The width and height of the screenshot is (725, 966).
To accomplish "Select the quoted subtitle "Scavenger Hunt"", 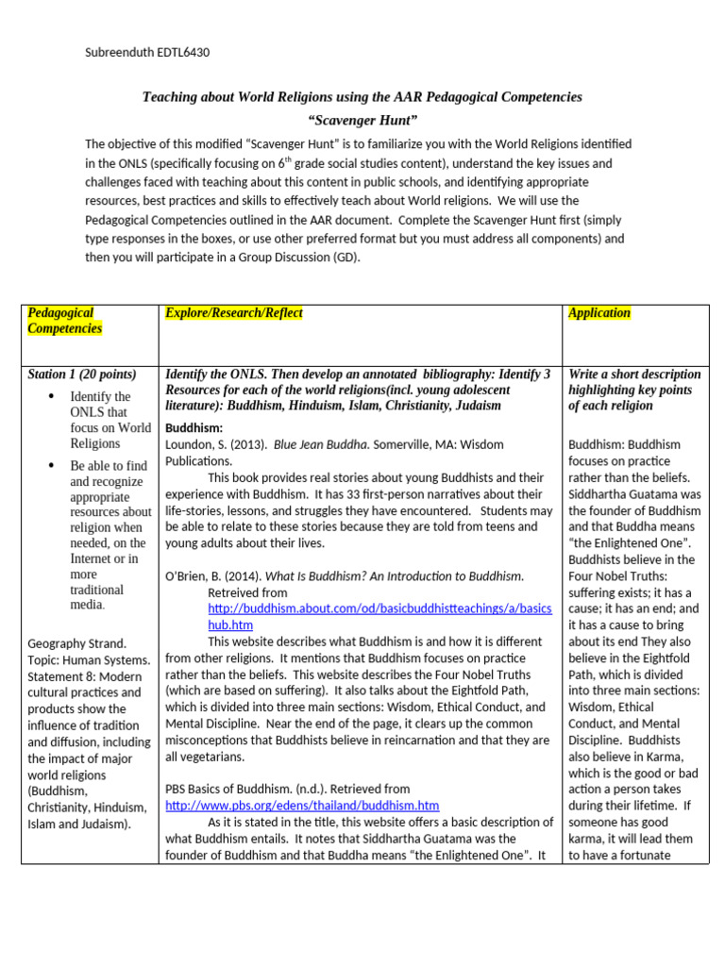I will [362, 121].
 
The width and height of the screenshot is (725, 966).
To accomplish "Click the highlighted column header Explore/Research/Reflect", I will [233, 313].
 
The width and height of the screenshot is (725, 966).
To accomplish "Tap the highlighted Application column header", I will [599, 313].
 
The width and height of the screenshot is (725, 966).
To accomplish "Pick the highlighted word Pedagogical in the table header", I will [60, 313].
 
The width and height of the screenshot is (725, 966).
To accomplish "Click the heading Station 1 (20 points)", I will [82, 375].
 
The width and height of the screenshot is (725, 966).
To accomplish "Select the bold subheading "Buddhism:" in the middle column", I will [194, 427].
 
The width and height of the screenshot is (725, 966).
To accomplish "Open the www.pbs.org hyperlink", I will [302, 805].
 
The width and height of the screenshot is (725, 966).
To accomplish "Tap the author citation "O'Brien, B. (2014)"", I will [213, 575].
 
